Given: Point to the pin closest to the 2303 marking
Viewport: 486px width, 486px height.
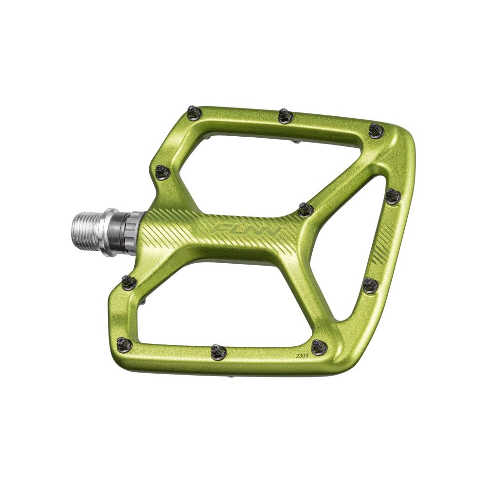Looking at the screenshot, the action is pyautogui.click(x=319, y=347).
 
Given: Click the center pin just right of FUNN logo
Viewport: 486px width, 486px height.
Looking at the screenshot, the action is pyautogui.click(x=306, y=210).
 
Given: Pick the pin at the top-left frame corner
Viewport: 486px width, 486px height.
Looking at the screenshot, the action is pyautogui.click(x=195, y=113).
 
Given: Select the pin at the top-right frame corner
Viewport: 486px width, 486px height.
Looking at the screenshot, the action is pyautogui.click(x=376, y=130).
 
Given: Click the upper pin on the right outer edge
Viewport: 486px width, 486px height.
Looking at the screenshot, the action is pyautogui.click(x=393, y=196).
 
